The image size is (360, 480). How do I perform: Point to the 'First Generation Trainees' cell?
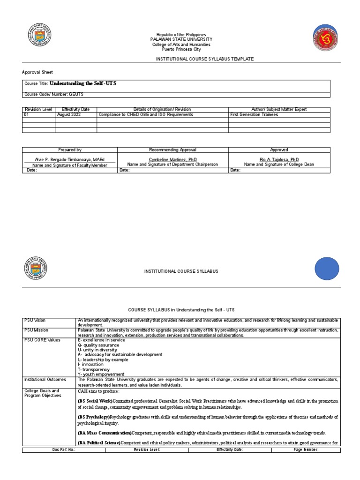click(254, 114)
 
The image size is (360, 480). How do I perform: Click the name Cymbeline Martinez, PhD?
click(172, 159)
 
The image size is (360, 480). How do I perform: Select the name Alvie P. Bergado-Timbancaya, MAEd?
click(70, 159)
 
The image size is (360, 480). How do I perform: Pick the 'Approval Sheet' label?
click(37, 72)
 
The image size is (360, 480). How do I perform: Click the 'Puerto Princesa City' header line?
click(181, 49)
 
